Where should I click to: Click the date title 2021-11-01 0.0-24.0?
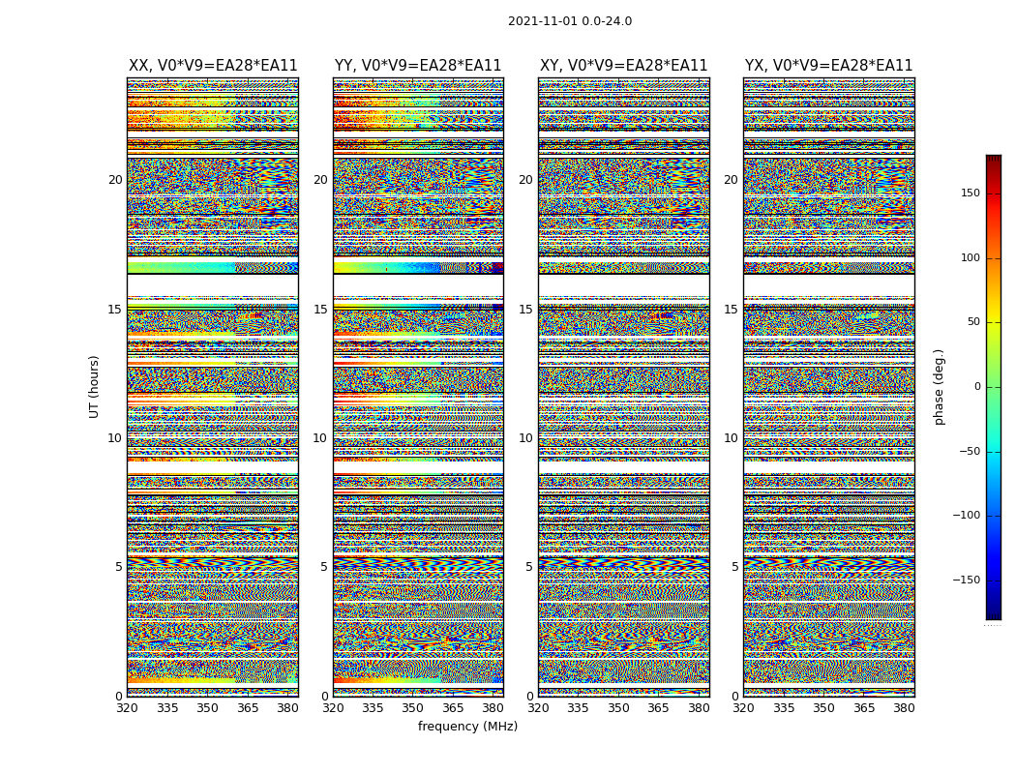pos(570,21)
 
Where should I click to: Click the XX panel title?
pos(213,66)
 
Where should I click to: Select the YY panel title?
pos(418,66)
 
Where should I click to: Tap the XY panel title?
pos(623,66)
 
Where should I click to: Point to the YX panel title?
pos(828,66)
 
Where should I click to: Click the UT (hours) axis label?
pos(95,386)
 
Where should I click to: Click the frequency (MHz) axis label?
pos(467,727)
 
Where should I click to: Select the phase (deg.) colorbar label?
pos(940,387)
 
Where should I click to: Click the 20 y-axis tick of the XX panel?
pos(115,180)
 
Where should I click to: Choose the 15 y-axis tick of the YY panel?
pos(320,310)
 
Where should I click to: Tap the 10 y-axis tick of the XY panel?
pos(525,438)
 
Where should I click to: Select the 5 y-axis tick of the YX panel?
pos(734,567)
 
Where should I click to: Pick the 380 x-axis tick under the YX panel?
pos(904,708)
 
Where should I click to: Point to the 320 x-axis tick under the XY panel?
pos(538,708)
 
